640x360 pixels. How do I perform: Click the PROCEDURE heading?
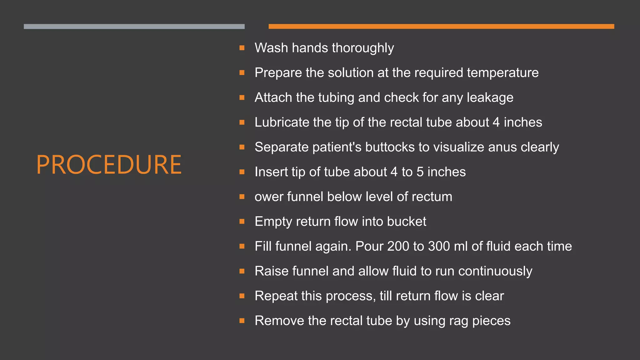click(x=109, y=165)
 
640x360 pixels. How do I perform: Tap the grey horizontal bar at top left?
click(x=134, y=27)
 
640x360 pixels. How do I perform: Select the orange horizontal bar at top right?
click(x=441, y=27)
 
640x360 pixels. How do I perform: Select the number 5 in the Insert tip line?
click(x=420, y=172)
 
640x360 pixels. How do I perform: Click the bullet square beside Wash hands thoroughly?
click(x=242, y=48)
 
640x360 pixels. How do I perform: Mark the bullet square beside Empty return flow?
click(x=242, y=222)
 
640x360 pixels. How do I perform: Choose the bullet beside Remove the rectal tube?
click(x=242, y=321)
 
